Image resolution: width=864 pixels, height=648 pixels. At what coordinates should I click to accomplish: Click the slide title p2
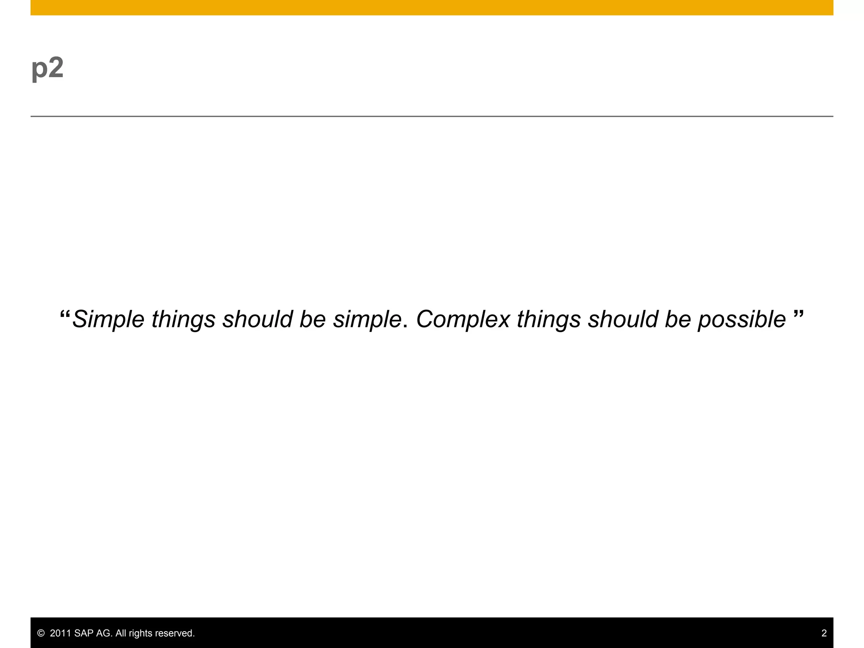[47, 68]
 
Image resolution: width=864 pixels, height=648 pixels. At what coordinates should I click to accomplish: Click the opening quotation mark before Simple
[65, 315]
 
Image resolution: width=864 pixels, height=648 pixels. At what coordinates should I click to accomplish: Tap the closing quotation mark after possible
[798, 315]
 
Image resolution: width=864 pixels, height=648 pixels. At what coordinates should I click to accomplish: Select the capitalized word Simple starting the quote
[108, 319]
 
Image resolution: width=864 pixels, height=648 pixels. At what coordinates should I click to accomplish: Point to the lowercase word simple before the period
[367, 319]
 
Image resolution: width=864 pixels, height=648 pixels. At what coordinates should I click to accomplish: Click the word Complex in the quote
[463, 319]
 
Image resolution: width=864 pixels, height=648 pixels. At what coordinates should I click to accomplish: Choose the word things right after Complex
[548, 319]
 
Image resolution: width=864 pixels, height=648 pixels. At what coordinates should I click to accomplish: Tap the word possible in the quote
[741, 319]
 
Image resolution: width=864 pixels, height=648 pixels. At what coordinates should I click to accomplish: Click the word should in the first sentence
[257, 319]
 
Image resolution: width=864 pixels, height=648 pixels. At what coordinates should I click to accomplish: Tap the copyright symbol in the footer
[41, 633]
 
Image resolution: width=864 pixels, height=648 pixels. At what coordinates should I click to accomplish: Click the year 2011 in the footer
[60, 633]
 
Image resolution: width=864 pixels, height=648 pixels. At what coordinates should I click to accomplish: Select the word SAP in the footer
[84, 633]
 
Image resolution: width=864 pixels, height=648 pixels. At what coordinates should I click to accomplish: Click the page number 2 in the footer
[824, 633]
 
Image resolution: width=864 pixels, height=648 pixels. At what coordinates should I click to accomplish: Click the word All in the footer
[121, 633]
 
